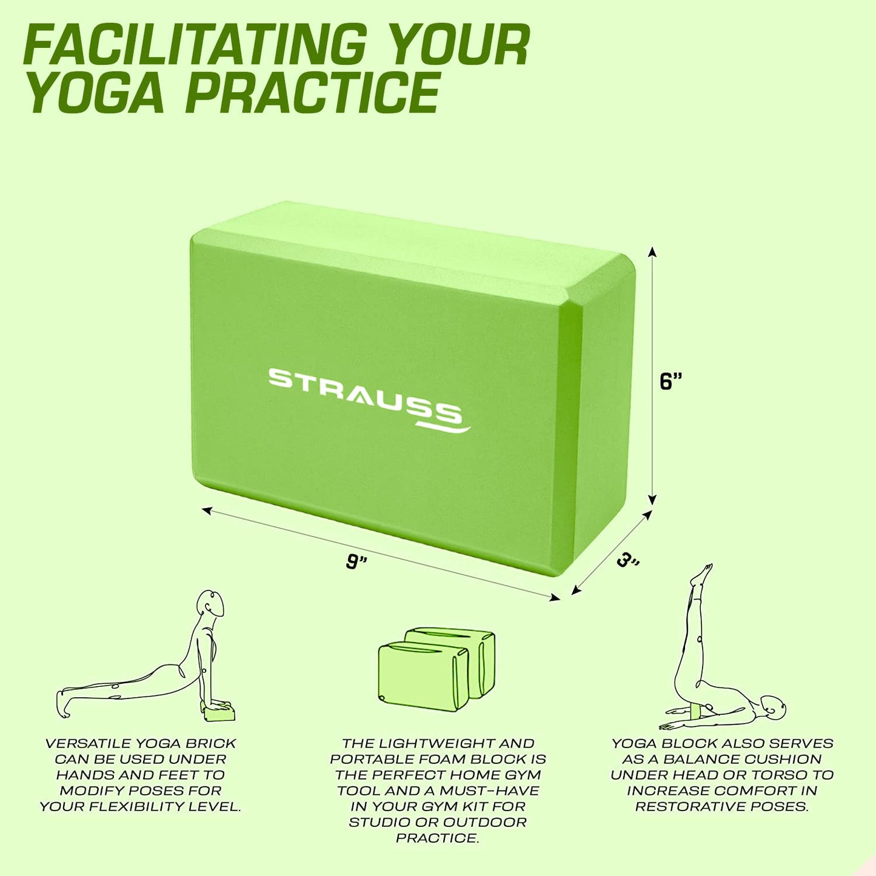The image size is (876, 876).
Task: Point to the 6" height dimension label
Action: (x=672, y=381)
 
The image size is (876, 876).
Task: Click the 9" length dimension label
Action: (x=356, y=562)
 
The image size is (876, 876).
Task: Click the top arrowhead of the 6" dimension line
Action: (x=653, y=252)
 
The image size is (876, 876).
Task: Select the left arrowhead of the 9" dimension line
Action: (x=207, y=510)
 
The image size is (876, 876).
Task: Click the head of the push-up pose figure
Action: (x=211, y=603)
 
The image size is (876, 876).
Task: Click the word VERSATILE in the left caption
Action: (x=81, y=744)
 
